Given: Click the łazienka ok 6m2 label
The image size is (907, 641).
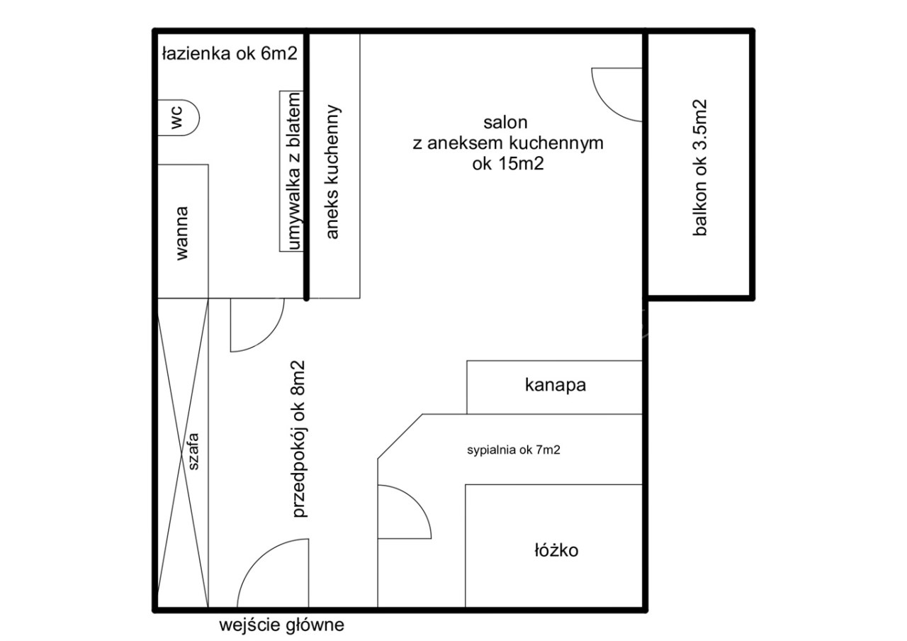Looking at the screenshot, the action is coord(230,53).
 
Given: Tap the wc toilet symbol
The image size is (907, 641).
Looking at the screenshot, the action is coord(178,118).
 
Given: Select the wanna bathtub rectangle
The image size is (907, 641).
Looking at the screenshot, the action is coord(183,231).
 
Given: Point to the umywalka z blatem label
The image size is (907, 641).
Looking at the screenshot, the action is coord(294,171).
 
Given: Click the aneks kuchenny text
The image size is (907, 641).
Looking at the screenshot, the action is coord(332,172).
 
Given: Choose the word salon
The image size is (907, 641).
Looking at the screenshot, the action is coord(505,123).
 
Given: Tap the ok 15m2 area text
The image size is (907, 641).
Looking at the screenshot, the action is coord(508,164).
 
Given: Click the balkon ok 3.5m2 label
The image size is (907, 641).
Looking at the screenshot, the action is coord(699,167).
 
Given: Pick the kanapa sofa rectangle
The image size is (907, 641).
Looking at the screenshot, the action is coord(555,387).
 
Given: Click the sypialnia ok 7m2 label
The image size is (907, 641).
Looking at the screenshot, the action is coord(514,450).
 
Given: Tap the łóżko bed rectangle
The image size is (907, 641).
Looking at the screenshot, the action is coord(554,546).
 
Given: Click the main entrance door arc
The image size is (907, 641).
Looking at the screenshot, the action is coord(257,559).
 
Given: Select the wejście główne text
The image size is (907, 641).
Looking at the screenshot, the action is coord(282,625).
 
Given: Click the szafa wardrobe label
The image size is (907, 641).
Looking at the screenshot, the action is coord(193,452).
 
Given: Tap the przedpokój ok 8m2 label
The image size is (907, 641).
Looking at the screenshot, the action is coord(299,439).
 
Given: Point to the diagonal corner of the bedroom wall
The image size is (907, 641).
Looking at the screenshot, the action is coord(400,436).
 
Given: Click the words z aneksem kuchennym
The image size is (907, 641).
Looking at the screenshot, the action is coord(508,143).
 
